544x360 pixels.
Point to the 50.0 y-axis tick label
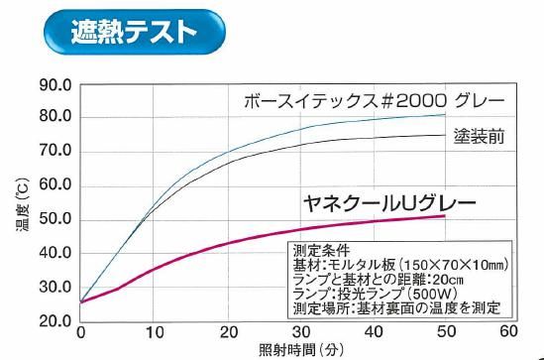coord(54,220)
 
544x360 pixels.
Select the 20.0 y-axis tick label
coord(54,322)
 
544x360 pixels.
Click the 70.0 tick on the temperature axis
coord(54,152)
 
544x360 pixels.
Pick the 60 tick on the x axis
coord(510,332)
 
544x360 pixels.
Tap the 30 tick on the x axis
coord(294,332)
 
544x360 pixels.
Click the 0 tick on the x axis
coord(80,332)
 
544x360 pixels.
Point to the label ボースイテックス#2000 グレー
coord(376,101)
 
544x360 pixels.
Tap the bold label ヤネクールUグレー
coord(388,204)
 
